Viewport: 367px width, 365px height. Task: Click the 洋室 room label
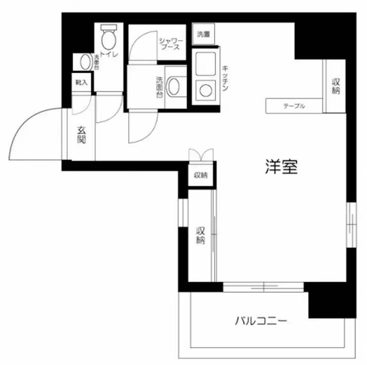coord(281,168)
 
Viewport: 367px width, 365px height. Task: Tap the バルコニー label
coord(261,321)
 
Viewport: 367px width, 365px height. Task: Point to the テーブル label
coord(294,106)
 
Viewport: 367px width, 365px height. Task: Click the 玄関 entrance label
coord(81,134)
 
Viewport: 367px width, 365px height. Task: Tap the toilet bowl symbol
coord(108,38)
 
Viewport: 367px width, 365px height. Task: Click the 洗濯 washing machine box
coord(203,34)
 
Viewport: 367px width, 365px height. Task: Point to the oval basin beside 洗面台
coord(174,87)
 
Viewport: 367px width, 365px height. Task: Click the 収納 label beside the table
coord(336,85)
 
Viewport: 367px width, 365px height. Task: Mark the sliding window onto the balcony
coord(263,287)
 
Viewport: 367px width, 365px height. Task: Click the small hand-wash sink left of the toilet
coord(83,62)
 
